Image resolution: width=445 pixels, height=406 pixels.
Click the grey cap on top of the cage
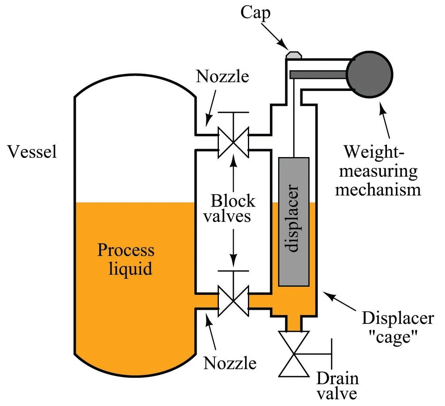[294, 55]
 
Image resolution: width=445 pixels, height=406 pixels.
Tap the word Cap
[256, 13]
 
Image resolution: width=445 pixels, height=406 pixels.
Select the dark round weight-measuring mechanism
[370, 75]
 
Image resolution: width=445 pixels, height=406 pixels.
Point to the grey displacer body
[294, 222]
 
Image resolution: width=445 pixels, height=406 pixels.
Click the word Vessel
[32, 151]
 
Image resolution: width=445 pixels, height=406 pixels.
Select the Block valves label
[229, 208]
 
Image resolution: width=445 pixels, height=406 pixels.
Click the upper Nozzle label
[222, 77]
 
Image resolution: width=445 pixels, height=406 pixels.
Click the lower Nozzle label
[230, 363]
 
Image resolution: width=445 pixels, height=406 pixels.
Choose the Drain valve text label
[337, 385]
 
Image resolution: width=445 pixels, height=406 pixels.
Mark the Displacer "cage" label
[397, 327]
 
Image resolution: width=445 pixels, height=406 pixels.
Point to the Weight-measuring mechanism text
[378, 171]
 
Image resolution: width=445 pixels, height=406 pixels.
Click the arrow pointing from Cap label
[274, 36]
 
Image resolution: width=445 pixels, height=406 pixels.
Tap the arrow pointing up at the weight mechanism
[385, 120]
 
